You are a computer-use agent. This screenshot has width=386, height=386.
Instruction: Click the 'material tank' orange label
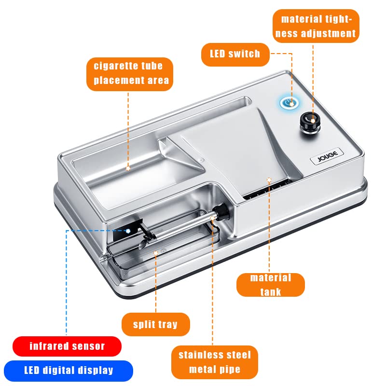point(270,285)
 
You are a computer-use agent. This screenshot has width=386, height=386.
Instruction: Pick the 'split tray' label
point(155,324)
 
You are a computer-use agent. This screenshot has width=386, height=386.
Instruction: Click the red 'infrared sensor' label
point(67,346)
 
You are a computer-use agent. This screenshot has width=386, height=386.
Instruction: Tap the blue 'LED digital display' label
point(69,371)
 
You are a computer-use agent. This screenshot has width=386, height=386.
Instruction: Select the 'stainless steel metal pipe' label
point(214,362)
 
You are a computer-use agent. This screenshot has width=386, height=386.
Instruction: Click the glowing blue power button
point(289,102)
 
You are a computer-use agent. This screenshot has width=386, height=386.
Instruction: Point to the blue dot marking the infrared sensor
point(128,231)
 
